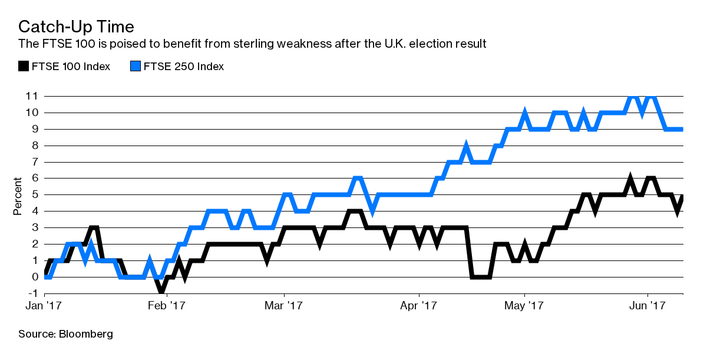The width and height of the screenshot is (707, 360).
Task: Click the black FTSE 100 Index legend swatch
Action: click(x=23, y=67)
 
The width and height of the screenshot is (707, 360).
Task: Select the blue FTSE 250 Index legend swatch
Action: click(x=134, y=67)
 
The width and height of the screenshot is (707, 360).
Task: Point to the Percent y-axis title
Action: click(x=18, y=196)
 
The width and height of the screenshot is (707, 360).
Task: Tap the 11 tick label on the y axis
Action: click(x=32, y=95)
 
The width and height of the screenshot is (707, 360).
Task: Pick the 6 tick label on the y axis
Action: click(x=35, y=178)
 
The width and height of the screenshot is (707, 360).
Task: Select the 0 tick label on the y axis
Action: click(x=35, y=277)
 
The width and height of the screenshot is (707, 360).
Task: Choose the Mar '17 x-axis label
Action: click(x=285, y=306)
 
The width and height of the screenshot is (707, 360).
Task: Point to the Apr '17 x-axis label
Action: click(x=419, y=306)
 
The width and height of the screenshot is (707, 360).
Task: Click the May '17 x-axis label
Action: click(x=524, y=306)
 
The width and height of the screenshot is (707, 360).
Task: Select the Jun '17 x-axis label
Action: click(x=648, y=306)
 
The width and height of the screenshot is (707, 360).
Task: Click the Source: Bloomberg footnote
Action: click(x=65, y=334)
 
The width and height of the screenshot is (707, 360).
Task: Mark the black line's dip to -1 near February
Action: click(x=160, y=291)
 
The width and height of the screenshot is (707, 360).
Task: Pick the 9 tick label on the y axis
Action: click(x=35, y=128)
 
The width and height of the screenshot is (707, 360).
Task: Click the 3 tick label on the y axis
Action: click(x=35, y=227)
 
